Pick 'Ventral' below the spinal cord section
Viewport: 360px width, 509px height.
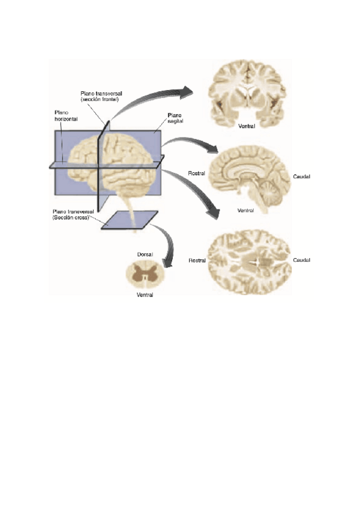144,295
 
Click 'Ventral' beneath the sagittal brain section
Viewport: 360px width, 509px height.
246,211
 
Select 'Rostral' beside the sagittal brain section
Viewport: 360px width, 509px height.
197,173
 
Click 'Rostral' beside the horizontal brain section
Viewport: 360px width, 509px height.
197,261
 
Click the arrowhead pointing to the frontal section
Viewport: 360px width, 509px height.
187,91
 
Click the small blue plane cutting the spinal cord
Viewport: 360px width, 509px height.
129,220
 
